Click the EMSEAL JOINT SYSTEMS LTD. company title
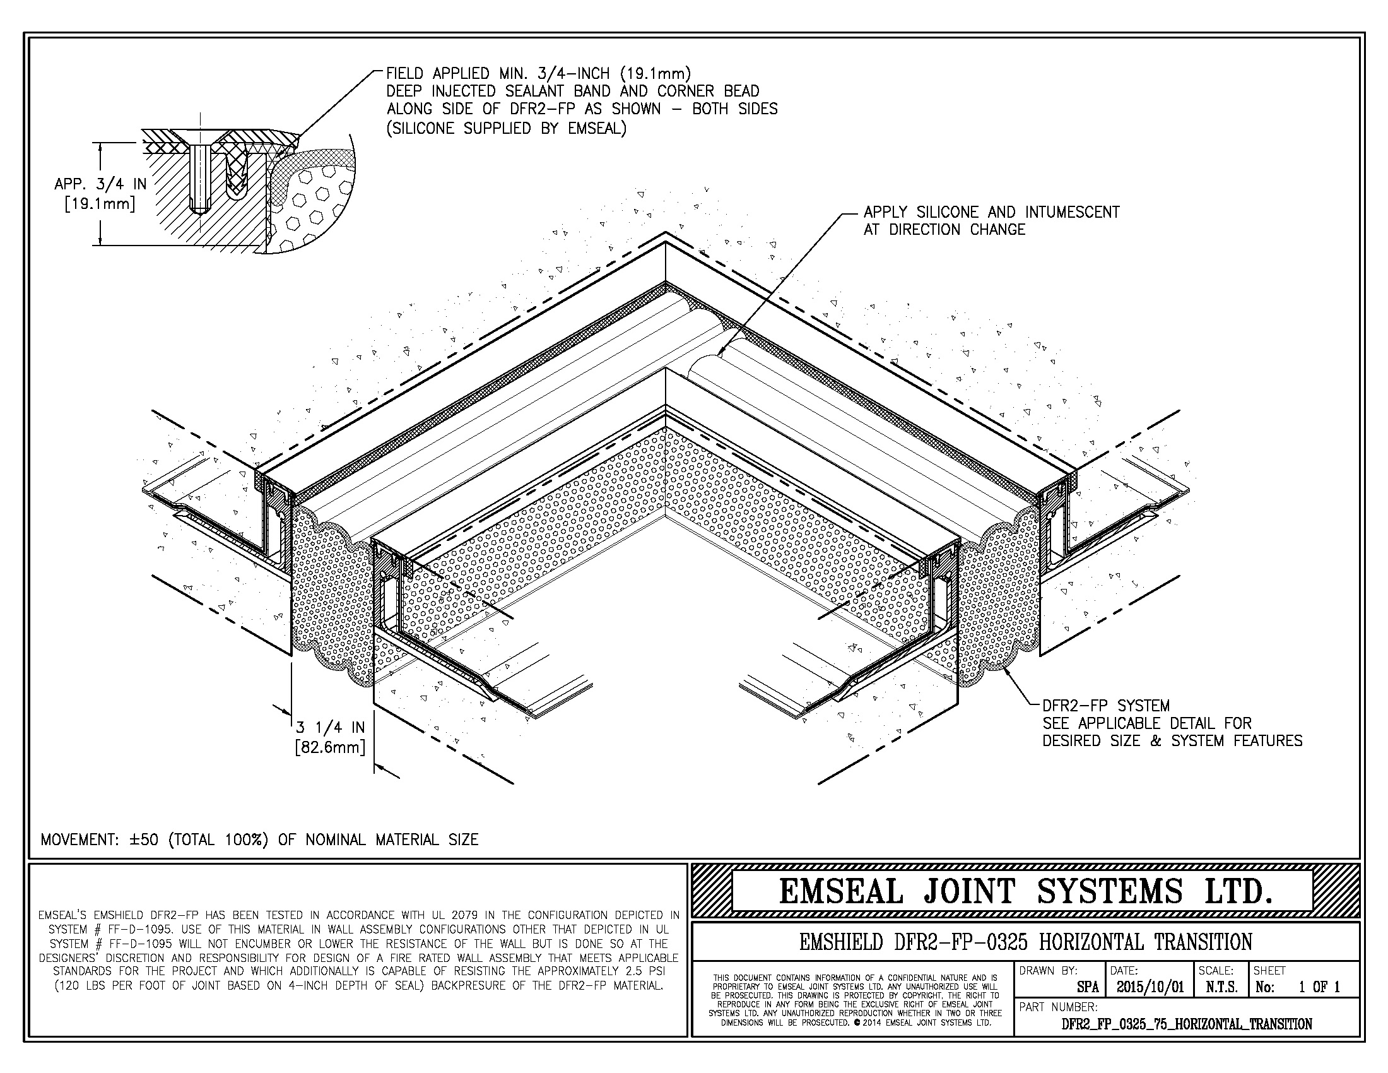(1026, 891)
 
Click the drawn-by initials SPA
(1088, 987)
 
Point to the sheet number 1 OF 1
(1319, 987)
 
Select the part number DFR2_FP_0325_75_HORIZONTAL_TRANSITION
(1187, 1024)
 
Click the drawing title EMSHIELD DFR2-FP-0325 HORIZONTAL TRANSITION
(1026, 942)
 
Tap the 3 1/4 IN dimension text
(331, 728)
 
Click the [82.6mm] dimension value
(331, 747)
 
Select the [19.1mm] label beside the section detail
(100, 205)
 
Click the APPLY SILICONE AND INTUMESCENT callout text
(991, 213)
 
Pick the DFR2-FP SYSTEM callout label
(1106, 706)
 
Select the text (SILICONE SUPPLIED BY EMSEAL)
(507, 128)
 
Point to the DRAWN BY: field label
(1048, 971)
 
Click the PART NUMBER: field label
(1058, 1007)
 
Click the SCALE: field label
(1216, 971)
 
